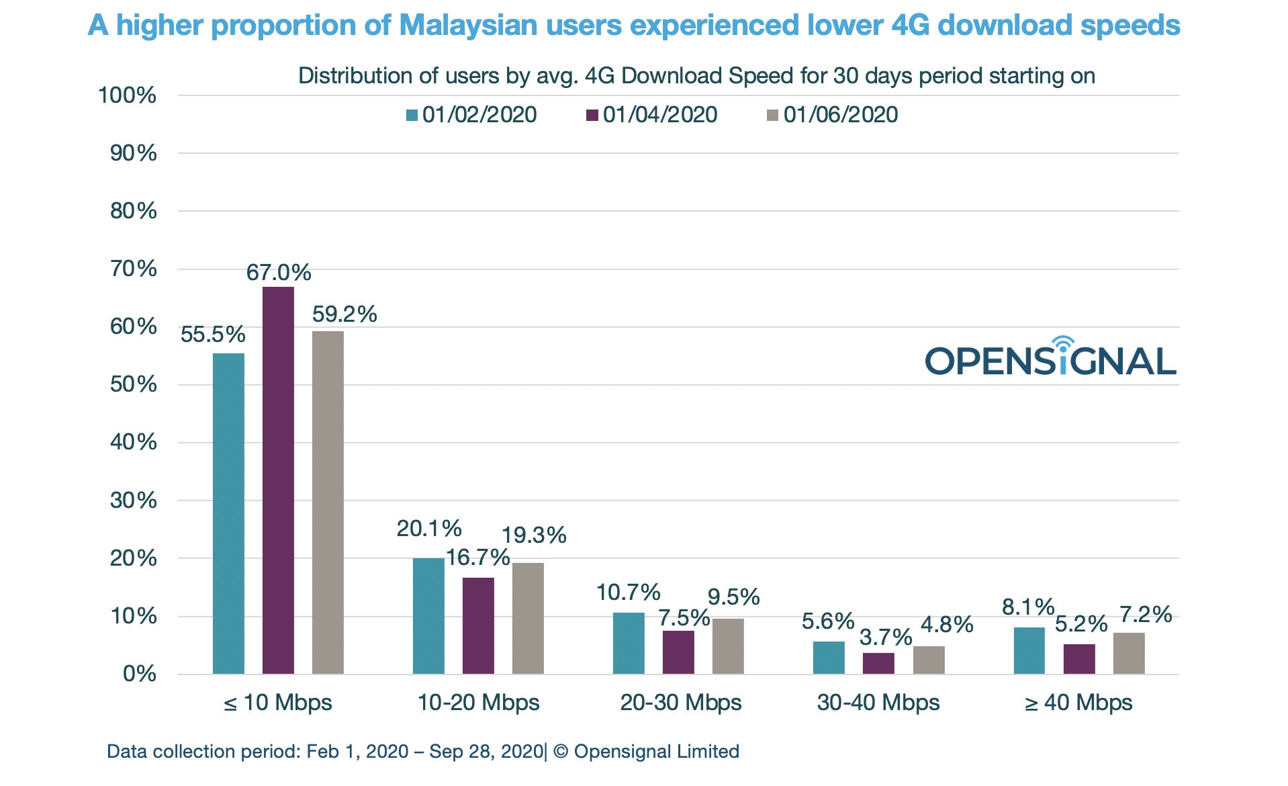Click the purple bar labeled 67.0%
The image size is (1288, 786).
[x=278, y=480]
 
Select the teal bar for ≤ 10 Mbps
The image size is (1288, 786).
[x=228, y=513]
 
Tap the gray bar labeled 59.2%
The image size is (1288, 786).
[x=328, y=503]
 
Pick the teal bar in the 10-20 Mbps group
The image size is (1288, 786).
[x=428, y=615]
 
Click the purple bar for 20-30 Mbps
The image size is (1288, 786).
[x=678, y=652]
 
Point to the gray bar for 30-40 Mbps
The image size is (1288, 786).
[x=929, y=660]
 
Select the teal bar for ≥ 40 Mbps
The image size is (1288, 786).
[x=1029, y=650]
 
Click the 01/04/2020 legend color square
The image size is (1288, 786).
[x=592, y=116]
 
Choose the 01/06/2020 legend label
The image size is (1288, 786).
[x=840, y=115]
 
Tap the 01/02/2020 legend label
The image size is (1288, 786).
[x=479, y=115]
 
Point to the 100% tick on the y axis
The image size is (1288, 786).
[x=127, y=95]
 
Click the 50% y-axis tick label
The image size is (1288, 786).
[x=133, y=384]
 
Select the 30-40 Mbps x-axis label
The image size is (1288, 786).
[x=878, y=703]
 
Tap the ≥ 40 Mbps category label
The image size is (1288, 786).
[x=1078, y=703]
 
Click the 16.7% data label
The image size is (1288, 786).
[x=478, y=557]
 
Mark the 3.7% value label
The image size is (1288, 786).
[x=886, y=637]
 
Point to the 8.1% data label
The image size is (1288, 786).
[x=1028, y=607]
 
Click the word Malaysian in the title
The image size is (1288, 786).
[x=468, y=26]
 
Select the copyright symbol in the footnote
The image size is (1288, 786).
[x=561, y=752]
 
